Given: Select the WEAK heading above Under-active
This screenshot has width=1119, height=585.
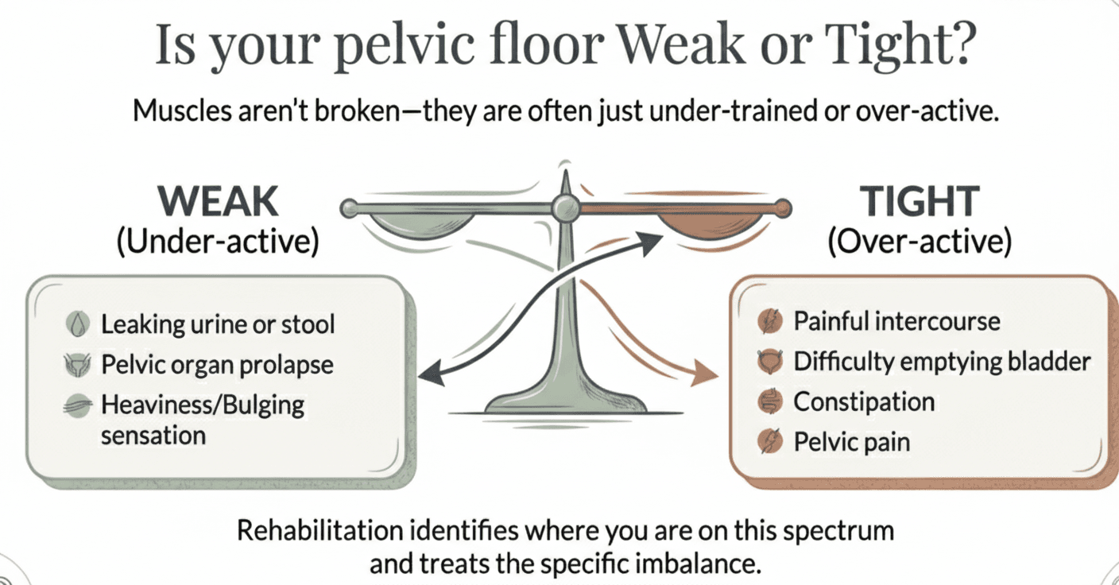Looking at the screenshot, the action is click(x=218, y=201).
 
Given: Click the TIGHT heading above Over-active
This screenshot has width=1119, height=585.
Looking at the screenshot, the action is click(x=920, y=201).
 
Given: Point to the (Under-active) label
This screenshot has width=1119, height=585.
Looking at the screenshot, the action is click(x=218, y=242).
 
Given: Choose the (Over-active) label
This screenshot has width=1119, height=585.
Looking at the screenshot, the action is click(x=920, y=242).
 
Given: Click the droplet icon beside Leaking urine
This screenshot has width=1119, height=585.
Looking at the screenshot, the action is click(x=77, y=324).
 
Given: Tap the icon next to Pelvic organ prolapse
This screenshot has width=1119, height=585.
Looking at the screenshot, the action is click(x=77, y=365).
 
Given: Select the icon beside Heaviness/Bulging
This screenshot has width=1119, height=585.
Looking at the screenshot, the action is click(x=77, y=405).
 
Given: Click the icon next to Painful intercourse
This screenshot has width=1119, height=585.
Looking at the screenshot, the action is click(x=770, y=321).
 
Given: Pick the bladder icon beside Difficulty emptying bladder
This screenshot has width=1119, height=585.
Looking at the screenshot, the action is click(x=770, y=362).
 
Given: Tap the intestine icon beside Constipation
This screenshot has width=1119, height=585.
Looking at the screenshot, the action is click(x=770, y=401).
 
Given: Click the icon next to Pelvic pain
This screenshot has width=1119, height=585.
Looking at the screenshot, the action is click(x=770, y=442).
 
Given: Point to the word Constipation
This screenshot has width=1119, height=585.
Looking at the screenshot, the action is click(x=864, y=402).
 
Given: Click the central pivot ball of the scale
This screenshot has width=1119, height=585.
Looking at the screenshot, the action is click(x=566, y=207).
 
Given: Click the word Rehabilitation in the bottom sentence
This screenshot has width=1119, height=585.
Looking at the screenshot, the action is click(x=320, y=530).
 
